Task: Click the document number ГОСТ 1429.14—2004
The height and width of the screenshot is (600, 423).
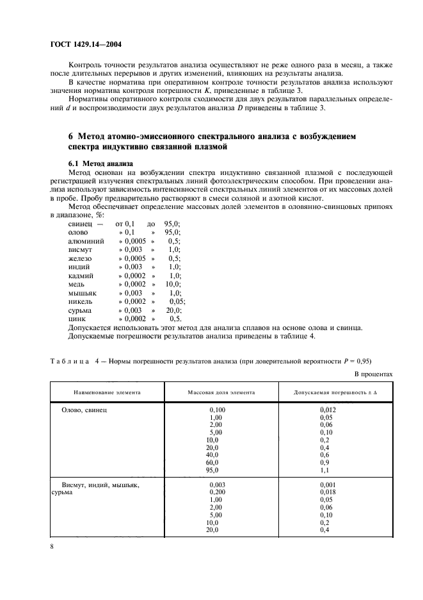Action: [x=85, y=45]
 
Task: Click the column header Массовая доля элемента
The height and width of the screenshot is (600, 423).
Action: [x=221, y=391]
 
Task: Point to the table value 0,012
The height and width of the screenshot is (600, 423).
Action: [x=328, y=408]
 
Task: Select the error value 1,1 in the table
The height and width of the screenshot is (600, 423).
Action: [x=324, y=470]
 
